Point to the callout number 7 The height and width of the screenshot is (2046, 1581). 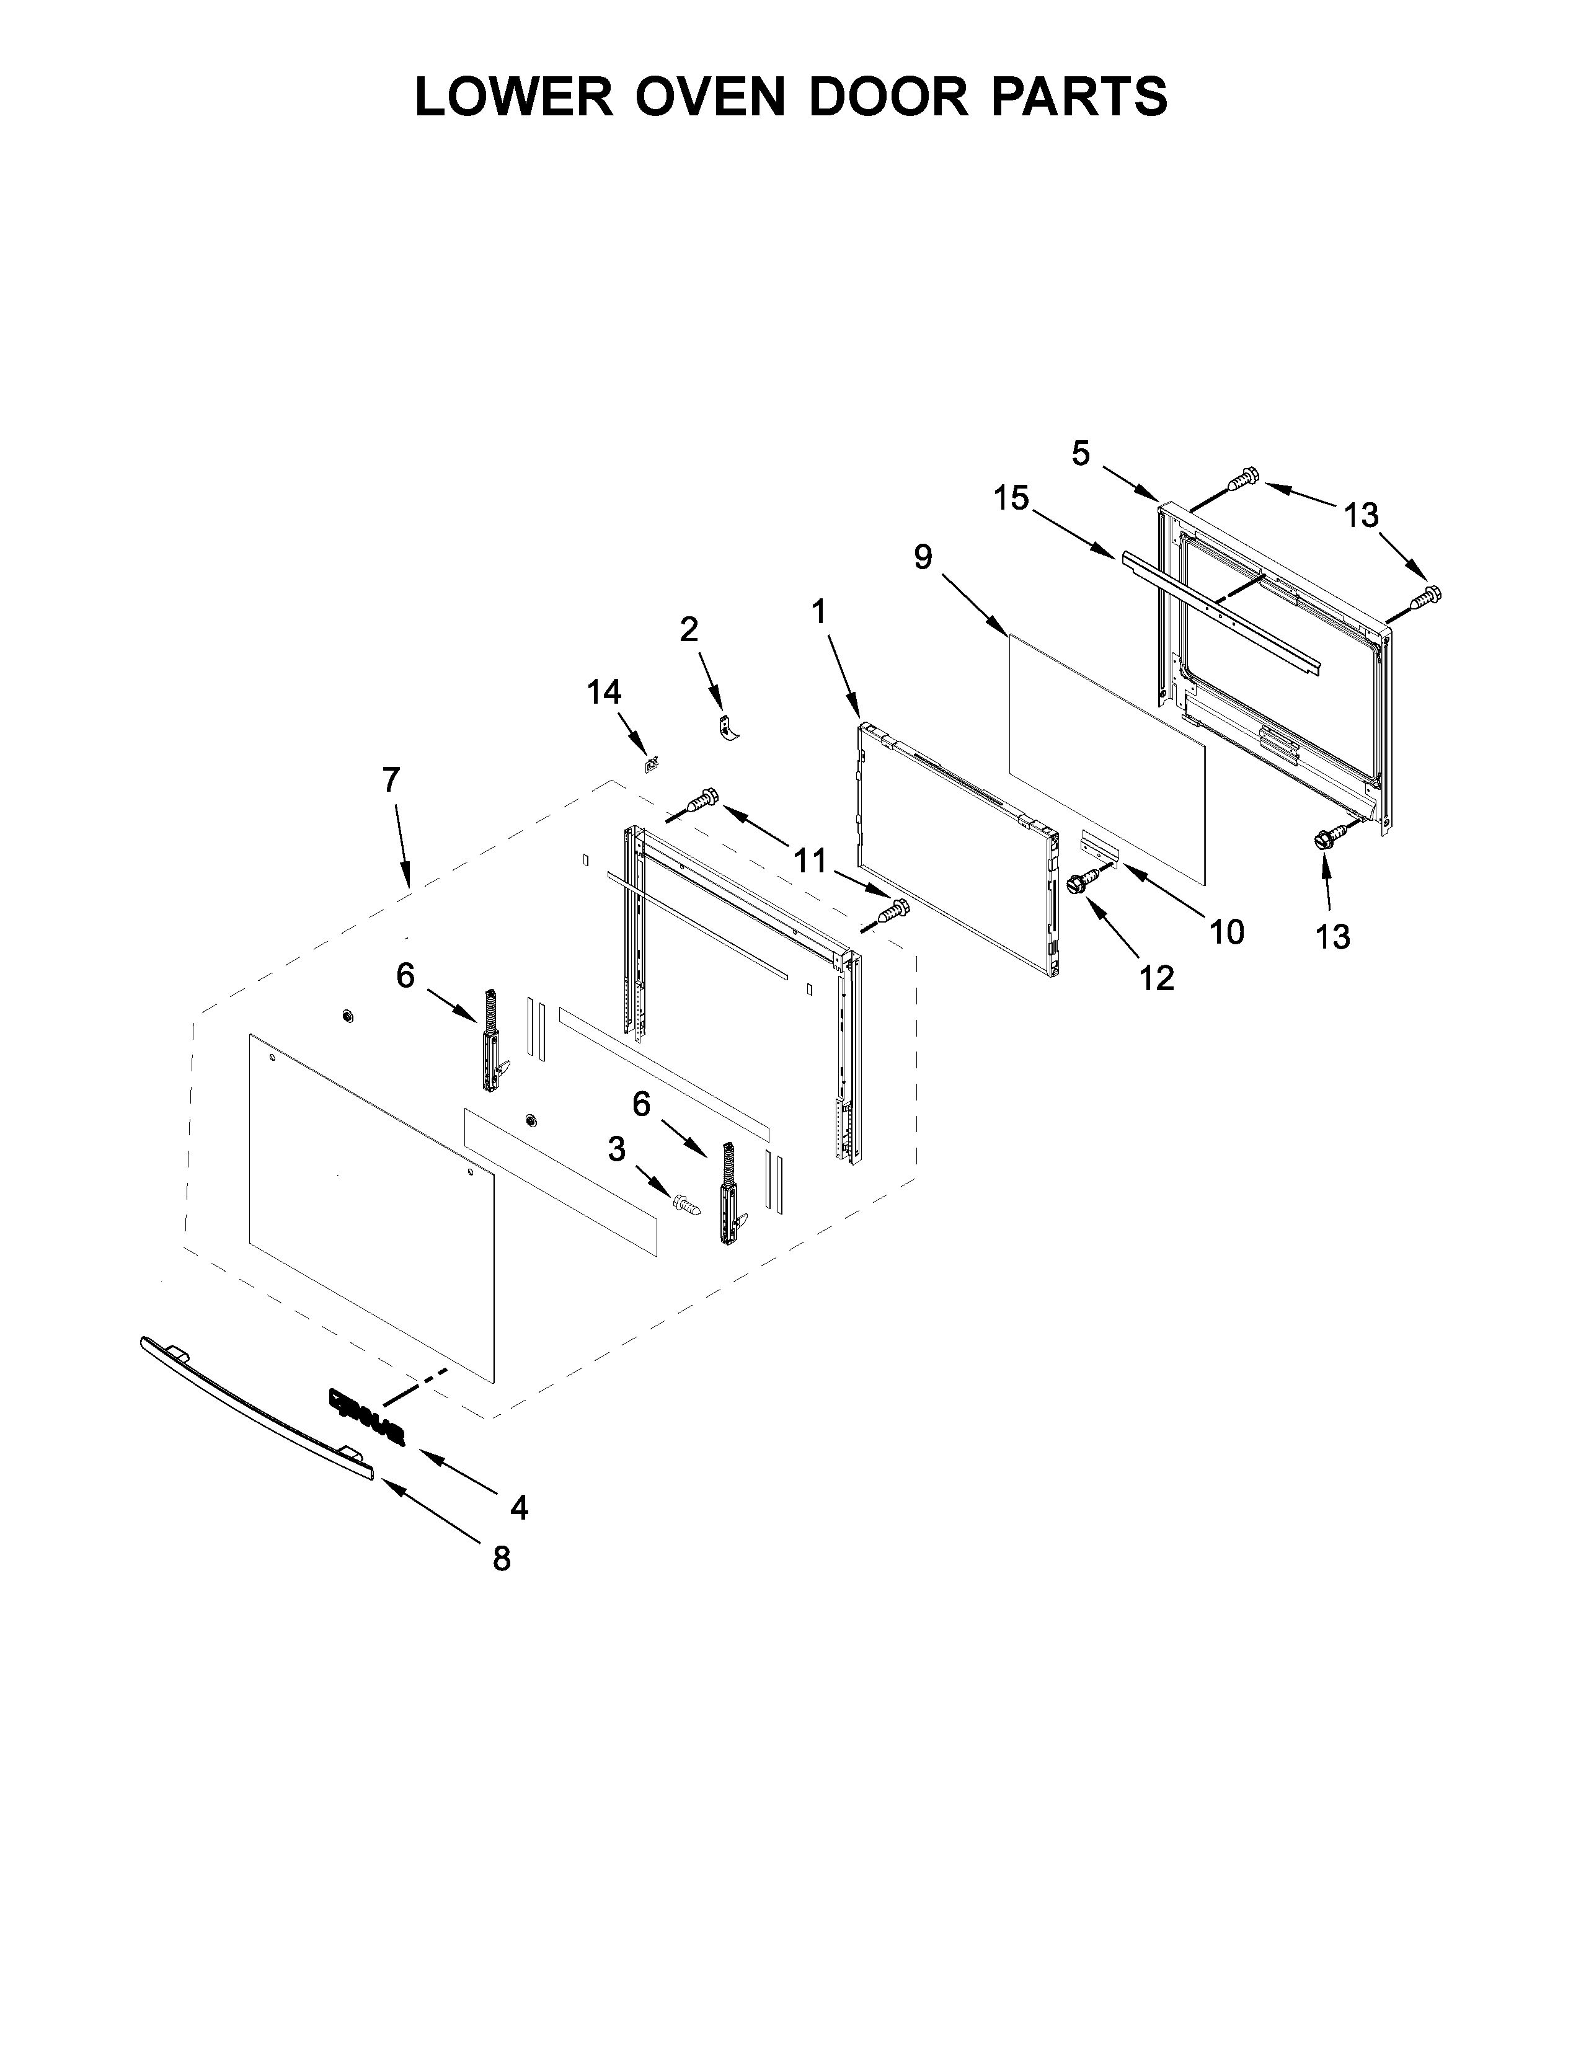391,779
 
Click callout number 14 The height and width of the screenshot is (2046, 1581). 604,693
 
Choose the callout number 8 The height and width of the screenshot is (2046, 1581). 502,1559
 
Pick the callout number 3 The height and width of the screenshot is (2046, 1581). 616,1149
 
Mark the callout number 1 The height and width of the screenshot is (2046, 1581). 820,612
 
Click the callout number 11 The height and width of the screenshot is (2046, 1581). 811,859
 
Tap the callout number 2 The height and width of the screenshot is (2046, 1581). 688,629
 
